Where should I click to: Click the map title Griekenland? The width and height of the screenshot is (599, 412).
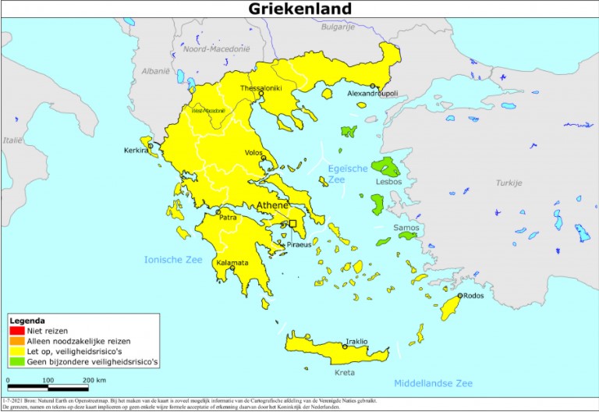point(299,9)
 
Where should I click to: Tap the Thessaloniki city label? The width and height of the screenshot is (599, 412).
point(261,88)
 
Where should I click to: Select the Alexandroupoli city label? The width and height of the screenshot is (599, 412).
point(373,94)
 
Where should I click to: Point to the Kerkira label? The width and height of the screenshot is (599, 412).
point(136,151)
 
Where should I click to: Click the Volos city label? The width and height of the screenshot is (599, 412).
point(253,153)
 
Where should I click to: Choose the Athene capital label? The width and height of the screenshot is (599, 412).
point(272,206)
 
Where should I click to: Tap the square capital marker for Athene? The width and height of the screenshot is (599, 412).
point(293,224)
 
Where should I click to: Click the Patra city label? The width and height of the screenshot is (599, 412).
point(228,218)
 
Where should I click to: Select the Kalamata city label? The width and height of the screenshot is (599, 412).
point(232,262)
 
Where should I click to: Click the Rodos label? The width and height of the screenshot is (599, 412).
point(473,296)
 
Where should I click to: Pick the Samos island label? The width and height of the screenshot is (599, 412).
point(406,228)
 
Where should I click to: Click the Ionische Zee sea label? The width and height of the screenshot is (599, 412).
point(172,258)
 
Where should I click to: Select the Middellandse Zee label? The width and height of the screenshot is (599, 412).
point(433,383)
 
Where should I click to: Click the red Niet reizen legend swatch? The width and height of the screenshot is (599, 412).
point(16,331)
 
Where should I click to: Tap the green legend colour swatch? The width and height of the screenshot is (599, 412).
point(16,361)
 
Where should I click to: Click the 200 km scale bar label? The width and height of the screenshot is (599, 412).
point(94,379)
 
